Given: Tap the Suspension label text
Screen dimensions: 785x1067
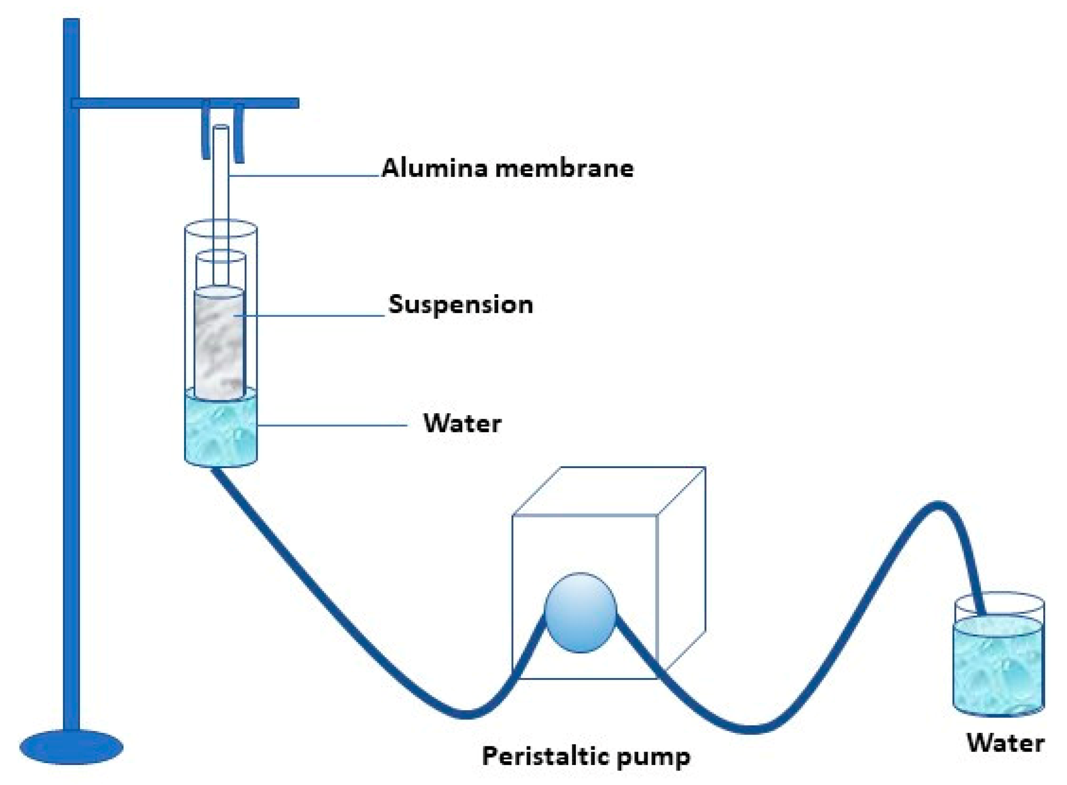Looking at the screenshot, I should coord(460,305).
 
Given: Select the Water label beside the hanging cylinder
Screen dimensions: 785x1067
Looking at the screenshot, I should coord(461,423).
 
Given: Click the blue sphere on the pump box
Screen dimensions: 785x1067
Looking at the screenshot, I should coord(580,613).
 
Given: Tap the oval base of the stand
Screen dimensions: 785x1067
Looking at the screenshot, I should coord(71,747).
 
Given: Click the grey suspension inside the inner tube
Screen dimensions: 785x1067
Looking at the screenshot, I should coord(220,342).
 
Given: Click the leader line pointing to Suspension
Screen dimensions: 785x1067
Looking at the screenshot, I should coord(313,315).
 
